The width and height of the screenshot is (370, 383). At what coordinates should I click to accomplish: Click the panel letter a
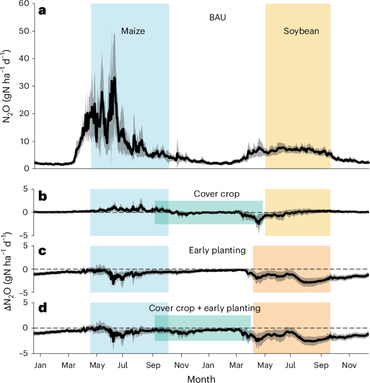click(x=42, y=10)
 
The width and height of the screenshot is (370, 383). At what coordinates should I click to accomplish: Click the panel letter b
click(x=42, y=197)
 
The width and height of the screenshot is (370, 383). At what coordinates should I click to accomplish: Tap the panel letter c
click(x=42, y=252)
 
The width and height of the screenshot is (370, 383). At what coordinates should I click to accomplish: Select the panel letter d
click(x=42, y=308)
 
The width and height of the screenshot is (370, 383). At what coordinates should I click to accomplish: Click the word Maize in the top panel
click(x=133, y=31)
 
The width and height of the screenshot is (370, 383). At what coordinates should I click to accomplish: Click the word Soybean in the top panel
click(x=301, y=31)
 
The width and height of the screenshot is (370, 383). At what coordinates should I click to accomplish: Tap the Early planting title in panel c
click(x=218, y=251)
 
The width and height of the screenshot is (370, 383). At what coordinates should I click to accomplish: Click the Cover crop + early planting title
click(x=205, y=308)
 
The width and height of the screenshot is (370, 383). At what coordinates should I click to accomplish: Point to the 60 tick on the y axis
click(x=24, y=4)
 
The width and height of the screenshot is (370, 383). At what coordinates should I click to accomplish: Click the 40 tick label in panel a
click(x=24, y=59)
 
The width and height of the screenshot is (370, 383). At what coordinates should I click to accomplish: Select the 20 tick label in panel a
click(x=24, y=114)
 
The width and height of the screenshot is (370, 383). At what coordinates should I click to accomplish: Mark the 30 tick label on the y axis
click(x=24, y=86)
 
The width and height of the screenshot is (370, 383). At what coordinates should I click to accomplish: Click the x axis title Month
click(x=201, y=378)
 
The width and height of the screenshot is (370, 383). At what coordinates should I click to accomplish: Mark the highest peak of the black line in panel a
click(x=114, y=79)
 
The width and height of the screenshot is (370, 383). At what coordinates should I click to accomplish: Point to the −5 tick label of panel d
click(x=24, y=353)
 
